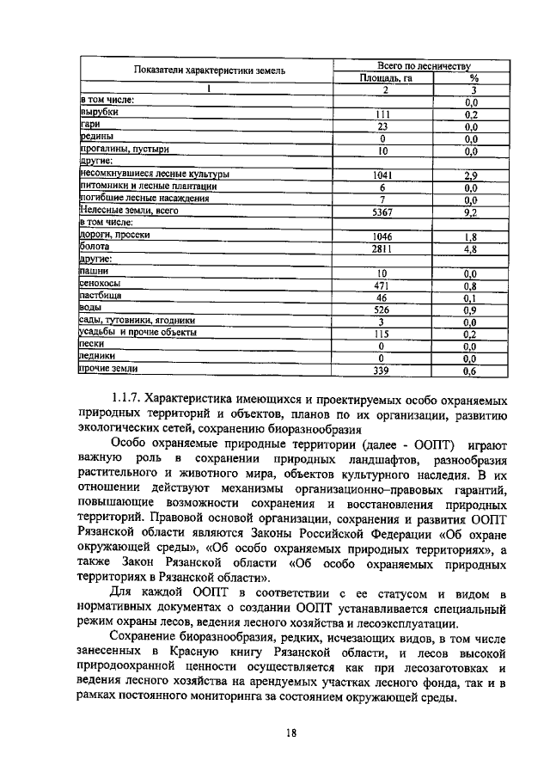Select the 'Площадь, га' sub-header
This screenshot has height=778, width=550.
[x=386, y=77]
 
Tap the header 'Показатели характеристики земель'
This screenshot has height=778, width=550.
[x=210, y=70]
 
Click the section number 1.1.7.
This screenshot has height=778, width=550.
[x=125, y=400]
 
